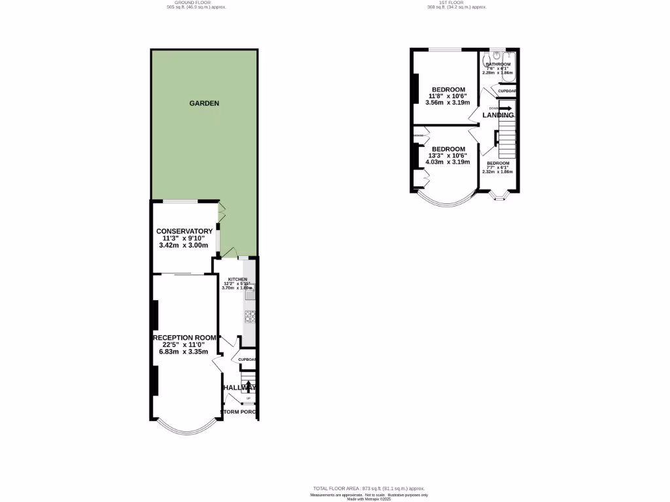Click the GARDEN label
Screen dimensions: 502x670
[204, 103]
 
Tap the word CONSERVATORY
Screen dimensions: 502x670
[184, 231]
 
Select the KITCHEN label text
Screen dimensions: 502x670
[237, 279]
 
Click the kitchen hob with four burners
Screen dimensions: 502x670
[249, 317]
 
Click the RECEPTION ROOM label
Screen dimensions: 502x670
[184, 338]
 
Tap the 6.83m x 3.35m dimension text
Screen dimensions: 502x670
[184, 352]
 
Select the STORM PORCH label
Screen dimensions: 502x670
[238, 412]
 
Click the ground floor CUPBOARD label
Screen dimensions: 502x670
[247, 360]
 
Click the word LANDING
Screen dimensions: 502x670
[498, 116]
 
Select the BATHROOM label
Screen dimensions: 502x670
[498, 64]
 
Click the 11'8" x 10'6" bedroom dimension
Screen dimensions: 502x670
[448, 96]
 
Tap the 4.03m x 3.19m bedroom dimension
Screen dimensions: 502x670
[448, 162]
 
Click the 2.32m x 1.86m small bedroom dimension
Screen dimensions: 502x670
[498, 171]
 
